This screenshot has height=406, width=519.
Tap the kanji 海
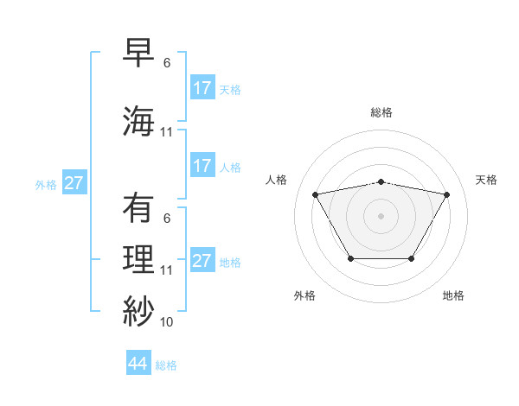[139, 119]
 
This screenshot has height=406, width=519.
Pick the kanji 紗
[139, 309]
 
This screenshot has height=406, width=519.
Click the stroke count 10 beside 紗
[167, 322]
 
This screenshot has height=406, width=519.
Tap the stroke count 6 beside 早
[167, 63]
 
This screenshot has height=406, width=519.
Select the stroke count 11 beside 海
[167, 132]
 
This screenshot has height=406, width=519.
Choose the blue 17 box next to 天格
[202, 88]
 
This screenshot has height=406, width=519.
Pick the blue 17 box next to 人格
[202, 166]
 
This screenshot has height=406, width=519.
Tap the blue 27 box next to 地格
[202, 261]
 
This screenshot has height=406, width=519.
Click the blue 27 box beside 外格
[74, 183]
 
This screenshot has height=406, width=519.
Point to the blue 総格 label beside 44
[166, 365]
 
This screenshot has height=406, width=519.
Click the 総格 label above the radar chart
[381, 112]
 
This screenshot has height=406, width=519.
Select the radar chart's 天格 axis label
[487, 180]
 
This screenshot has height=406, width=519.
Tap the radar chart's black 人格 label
[277, 180]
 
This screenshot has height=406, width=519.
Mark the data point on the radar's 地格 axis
[411, 258]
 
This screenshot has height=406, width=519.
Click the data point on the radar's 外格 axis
[350, 258]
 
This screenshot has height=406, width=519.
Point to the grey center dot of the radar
[381, 216]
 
